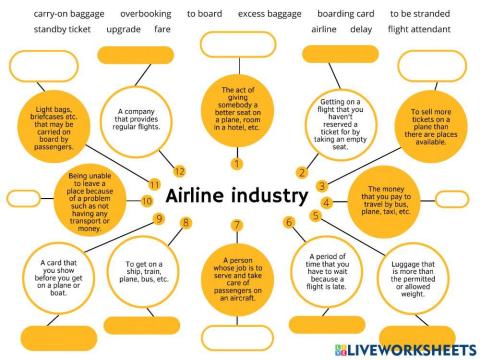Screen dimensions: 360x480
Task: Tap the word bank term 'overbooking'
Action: pyautogui.click(x=144, y=14)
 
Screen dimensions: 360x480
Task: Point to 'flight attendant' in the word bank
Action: pyautogui.click(x=419, y=29)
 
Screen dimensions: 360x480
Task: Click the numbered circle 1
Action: pyautogui.click(x=236, y=163)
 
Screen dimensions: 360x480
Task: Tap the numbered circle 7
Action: pyautogui.click(x=237, y=224)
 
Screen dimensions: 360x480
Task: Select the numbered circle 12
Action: pyautogui.click(x=179, y=171)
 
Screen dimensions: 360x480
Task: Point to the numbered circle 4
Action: pyautogui.click(x=325, y=201)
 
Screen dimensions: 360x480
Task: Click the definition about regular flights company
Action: pyautogui.click(x=146, y=122)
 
